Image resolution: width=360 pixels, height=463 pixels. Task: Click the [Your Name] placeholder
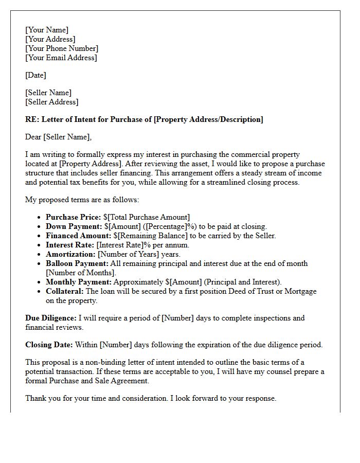pos(47,30)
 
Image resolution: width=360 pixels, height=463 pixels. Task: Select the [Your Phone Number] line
pos(62,48)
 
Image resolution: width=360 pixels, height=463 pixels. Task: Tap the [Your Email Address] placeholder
pos(61,58)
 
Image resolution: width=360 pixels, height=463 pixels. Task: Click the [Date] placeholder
pos(35,75)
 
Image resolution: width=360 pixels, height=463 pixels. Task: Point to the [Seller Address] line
pos(51,102)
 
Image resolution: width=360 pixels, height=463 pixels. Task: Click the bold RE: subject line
pos(144,119)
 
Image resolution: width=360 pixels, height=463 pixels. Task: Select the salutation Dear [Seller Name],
pos(58,137)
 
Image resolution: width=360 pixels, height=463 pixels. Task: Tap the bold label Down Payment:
pos(74,226)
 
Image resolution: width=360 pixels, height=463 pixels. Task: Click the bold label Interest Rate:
pos(70,245)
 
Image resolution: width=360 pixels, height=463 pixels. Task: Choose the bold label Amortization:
pos(70,254)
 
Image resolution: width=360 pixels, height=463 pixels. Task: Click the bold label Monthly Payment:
pos(79,282)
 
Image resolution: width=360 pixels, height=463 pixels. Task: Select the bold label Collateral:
pos(65,291)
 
